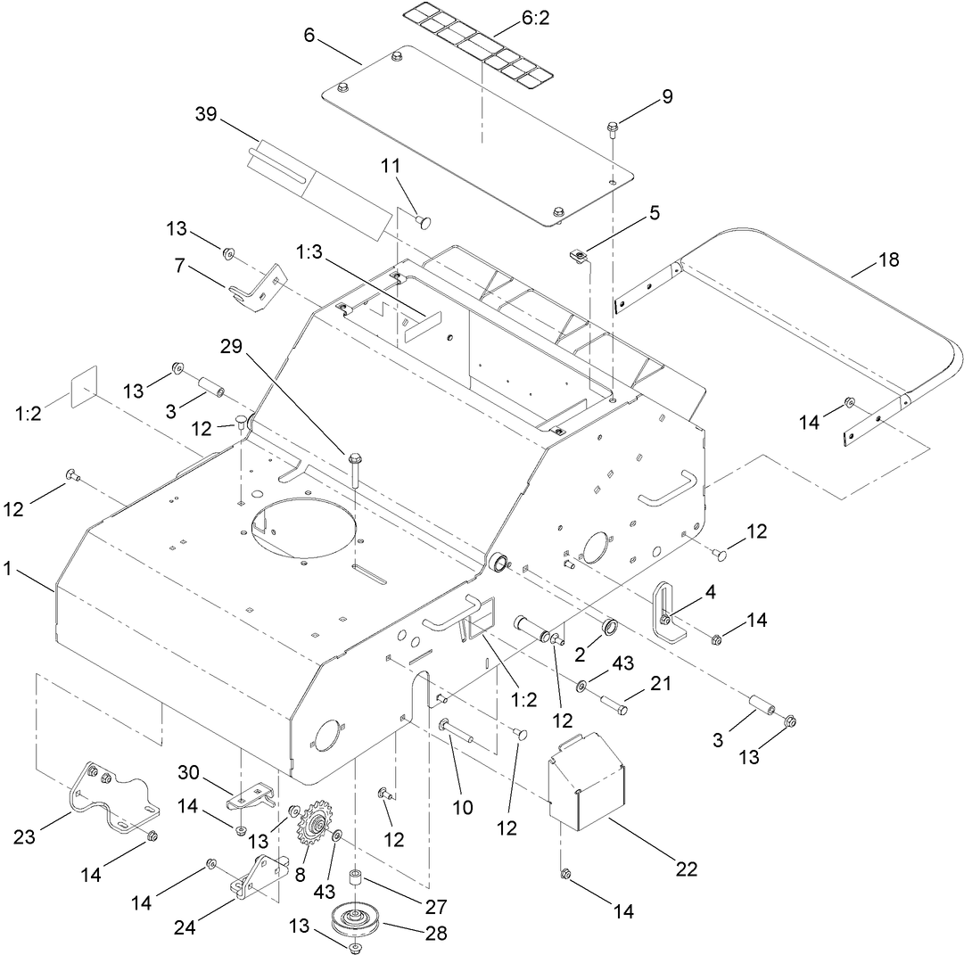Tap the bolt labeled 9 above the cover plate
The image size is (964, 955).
tap(614, 130)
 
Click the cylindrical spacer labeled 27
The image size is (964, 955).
tap(357, 882)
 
